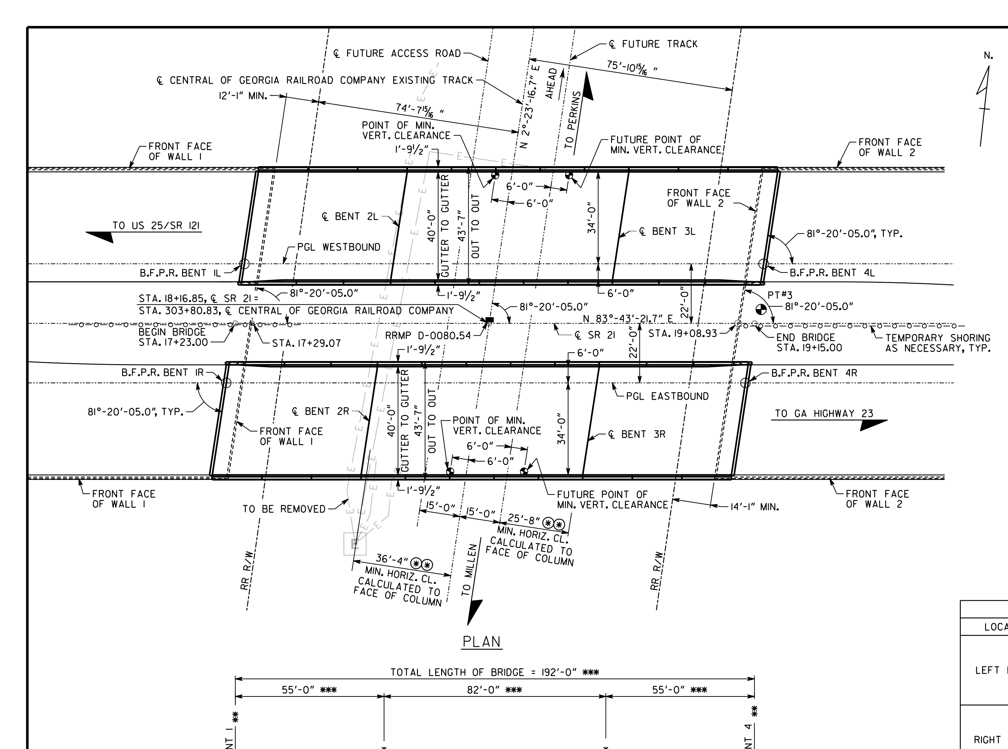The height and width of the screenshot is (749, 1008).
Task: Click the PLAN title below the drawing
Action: click(x=482, y=642)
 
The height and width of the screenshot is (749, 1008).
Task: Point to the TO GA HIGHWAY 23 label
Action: click(x=823, y=414)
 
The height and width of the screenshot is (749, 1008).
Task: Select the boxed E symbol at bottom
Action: click(x=355, y=543)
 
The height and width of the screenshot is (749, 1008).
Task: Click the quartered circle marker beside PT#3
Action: click(x=761, y=310)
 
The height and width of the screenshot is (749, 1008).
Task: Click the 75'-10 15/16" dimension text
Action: click(x=633, y=68)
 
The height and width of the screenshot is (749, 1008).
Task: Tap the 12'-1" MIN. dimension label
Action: click(x=243, y=96)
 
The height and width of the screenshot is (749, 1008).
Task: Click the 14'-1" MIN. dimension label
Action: click(x=755, y=507)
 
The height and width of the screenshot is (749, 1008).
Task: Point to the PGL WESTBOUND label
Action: click(x=339, y=247)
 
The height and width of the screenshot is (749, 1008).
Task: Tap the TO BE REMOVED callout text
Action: click(x=284, y=509)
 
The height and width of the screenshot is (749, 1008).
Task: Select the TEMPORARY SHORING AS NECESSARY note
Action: click(x=938, y=343)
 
